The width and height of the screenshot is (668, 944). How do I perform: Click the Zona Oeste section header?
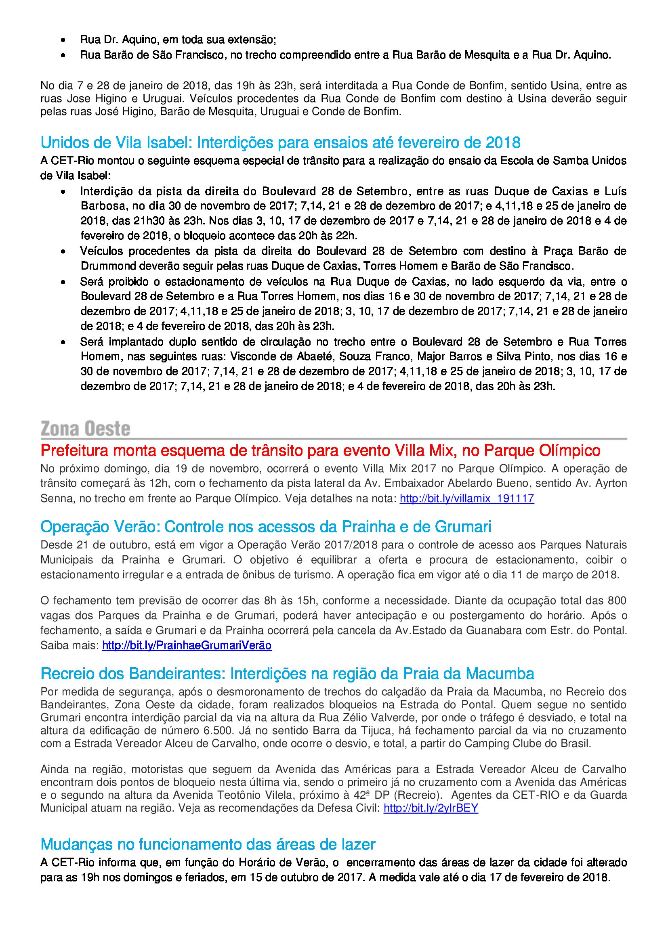click(86, 429)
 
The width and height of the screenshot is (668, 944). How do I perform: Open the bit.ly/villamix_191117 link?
click(467, 498)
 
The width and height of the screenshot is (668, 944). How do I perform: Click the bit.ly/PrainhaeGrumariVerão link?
click(187, 645)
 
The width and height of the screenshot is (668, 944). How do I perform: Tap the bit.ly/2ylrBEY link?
click(431, 808)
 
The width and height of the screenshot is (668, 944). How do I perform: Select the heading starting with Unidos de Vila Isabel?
click(280, 142)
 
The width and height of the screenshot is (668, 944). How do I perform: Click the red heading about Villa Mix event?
click(320, 451)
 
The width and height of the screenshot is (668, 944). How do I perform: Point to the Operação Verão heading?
click(266, 526)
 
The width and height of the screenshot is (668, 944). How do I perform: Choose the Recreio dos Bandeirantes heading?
click(287, 674)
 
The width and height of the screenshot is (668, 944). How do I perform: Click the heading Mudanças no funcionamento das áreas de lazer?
click(208, 844)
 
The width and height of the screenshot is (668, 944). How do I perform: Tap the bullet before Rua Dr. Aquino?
click(63, 40)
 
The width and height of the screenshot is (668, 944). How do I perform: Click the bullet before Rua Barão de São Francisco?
click(63, 55)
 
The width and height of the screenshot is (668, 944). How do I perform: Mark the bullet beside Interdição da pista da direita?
click(63, 192)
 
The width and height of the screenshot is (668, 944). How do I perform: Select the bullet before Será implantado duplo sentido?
click(63, 342)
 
